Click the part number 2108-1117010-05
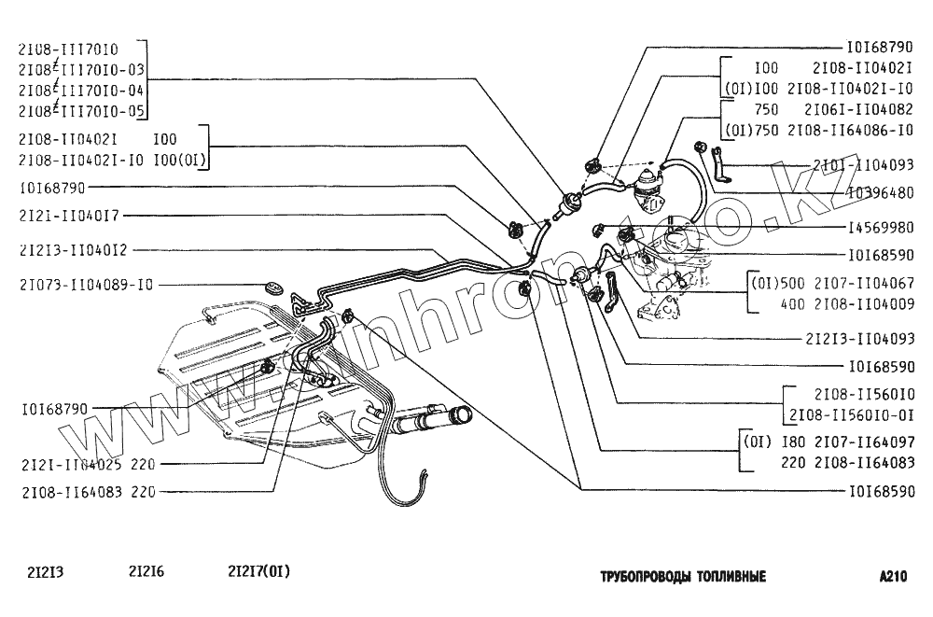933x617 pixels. [x=81, y=110]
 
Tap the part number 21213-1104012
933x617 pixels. [x=72, y=250]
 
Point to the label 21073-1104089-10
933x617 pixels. [x=85, y=284]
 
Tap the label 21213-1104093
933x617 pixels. [x=858, y=339]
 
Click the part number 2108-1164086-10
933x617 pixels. [x=850, y=130]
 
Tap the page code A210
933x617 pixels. [x=893, y=576]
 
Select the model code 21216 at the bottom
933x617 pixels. [x=146, y=573]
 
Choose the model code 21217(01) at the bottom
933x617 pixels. [x=265, y=573]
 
